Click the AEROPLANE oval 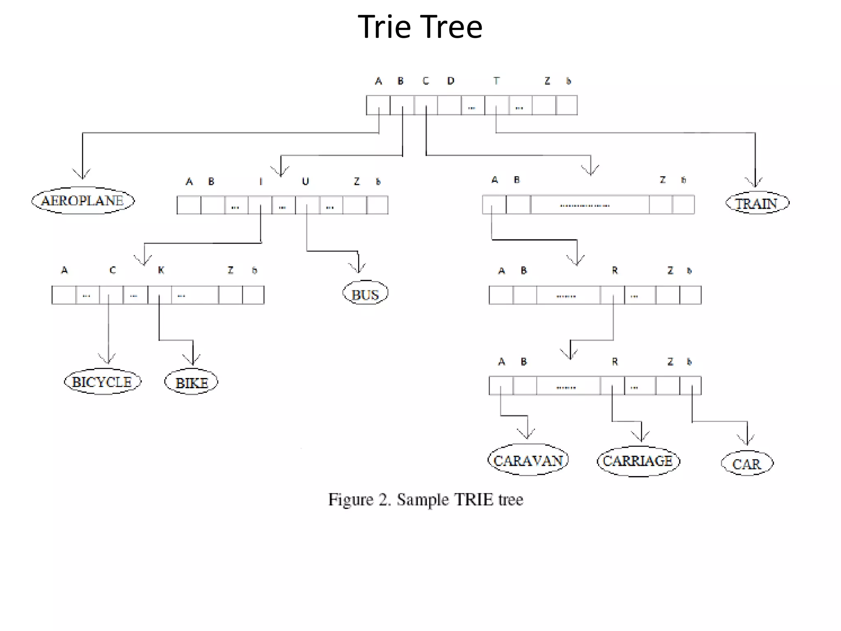83,200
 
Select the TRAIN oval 757,203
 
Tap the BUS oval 365,293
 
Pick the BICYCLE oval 102,382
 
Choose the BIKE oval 191,382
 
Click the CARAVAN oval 528,460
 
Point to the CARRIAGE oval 638,461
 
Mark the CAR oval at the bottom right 747,463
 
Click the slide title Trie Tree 420,27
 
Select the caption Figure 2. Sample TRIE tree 425,500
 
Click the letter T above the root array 496,81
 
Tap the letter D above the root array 451,81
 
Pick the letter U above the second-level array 305,181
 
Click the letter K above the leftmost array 161,270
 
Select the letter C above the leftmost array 113,270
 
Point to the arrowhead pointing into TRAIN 755,183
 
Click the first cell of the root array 378,105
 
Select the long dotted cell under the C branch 590,205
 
